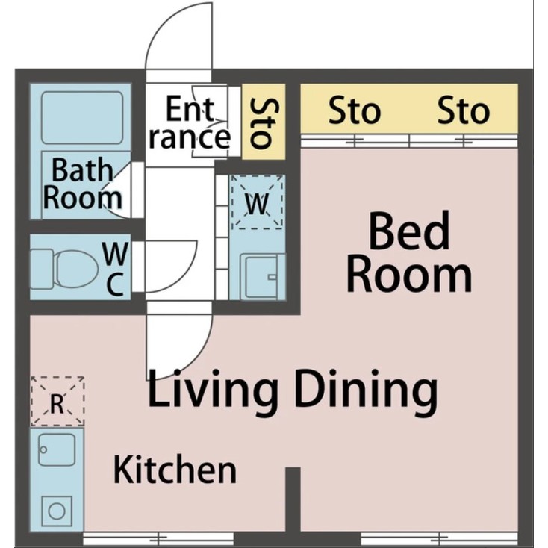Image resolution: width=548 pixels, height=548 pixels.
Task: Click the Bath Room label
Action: click(82, 184)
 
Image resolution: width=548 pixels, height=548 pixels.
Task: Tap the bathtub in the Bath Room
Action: click(82, 117)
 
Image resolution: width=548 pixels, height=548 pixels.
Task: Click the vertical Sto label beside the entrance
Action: click(263, 123)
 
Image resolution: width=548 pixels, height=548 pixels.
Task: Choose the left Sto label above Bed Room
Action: click(355, 112)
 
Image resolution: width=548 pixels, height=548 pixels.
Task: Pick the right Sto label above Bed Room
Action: click(463, 112)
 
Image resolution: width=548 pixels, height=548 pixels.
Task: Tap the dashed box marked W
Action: click(257, 202)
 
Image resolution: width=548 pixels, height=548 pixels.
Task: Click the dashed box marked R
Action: click(57, 402)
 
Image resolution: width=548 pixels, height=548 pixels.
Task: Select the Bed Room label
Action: click(409, 252)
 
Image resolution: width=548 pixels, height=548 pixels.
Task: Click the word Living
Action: click(213, 390)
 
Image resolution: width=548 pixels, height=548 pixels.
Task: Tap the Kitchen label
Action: click(175, 470)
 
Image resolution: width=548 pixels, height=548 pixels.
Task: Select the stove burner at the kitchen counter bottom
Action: click(57, 511)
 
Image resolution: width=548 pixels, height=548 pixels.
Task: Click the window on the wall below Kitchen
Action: click(158, 537)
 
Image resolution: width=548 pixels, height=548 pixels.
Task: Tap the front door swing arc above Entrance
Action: click(179, 37)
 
